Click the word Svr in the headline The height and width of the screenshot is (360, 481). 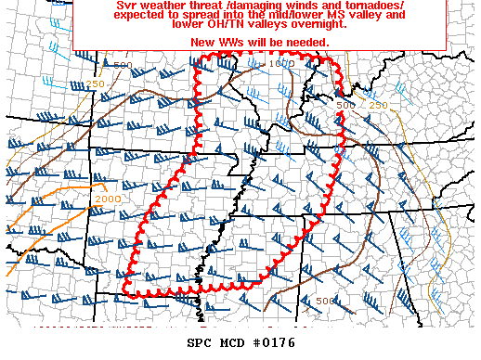coord(126,6)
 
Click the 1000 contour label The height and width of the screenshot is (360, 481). coord(284,63)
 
